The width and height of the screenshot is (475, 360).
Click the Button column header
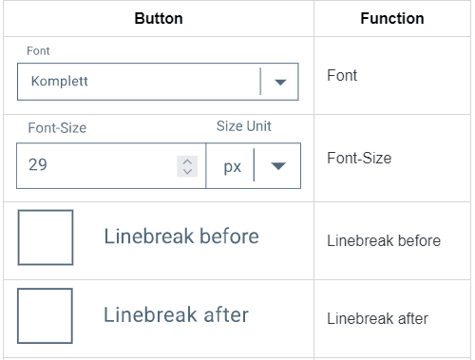(x=159, y=18)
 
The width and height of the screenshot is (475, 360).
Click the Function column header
(x=391, y=18)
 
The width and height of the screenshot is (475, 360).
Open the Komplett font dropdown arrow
(x=279, y=82)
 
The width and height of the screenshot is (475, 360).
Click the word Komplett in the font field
(x=60, y=82)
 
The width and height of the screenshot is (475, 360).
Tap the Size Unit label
(x=251, y=126)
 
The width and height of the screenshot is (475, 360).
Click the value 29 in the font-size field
(x=38, y=166)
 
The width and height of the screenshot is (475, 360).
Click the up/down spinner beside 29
(x=188, y=166)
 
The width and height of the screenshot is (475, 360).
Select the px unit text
(x=233, y=166)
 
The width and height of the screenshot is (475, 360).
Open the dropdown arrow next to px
(x=278, y=166)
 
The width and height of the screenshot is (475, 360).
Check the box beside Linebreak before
(x=45, y=237)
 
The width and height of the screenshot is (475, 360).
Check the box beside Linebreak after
(x=45, y=315)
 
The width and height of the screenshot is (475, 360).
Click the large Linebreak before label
(x=180, y=237)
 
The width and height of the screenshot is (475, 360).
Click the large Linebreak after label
(x=176, y=314)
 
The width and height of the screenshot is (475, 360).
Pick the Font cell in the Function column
(x=342, y=75)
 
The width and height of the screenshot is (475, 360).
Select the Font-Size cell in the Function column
(x=359, y=159)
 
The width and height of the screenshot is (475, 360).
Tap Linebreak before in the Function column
(x=383, y=240)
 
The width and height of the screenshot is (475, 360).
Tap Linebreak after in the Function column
(x=377, y=318)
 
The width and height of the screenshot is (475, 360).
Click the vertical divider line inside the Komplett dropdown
(x=260, y=82)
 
